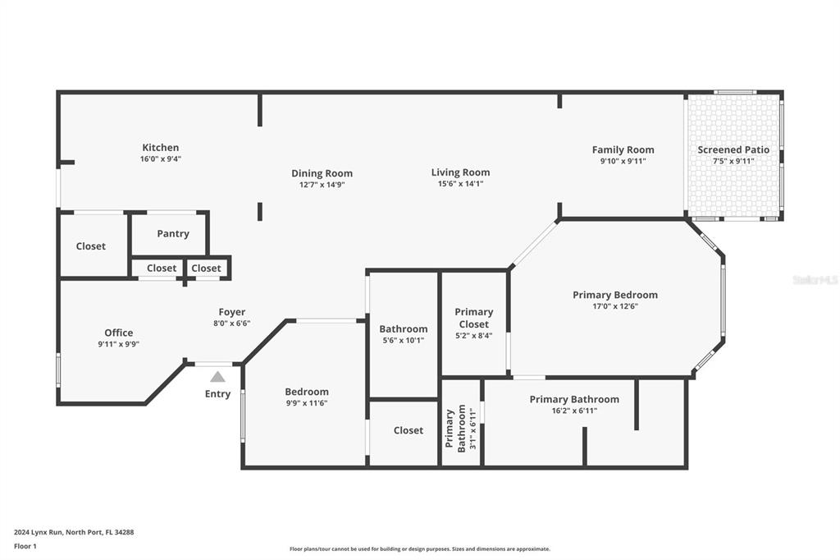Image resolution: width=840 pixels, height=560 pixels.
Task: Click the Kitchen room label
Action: coord(160,148)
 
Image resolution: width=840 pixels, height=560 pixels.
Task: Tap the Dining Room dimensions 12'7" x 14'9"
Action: coord(322,185)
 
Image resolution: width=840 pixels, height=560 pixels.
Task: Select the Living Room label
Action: coord(460,172)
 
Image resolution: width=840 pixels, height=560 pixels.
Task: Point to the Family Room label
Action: coord(623,149)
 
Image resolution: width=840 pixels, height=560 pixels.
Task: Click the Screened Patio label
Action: coord(733,149)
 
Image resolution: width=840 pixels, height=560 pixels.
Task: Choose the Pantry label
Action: coord(173,234)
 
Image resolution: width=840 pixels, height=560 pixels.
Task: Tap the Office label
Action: coord(119,333)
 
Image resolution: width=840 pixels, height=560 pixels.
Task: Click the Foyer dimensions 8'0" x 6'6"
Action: coord(232,324)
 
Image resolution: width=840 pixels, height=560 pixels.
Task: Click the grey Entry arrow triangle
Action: coord(217,377)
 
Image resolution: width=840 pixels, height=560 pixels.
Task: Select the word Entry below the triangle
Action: coord(217,394)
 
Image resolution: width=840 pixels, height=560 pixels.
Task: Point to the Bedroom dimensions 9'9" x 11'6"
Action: coord(307,403)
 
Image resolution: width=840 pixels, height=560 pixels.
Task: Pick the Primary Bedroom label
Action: coord(615,295)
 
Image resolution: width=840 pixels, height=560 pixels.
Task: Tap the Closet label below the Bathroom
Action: coord(409,430)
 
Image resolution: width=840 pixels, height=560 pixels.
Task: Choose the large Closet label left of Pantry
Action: coord(91,246)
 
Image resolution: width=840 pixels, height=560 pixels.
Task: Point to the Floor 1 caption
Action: coord(26,546)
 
